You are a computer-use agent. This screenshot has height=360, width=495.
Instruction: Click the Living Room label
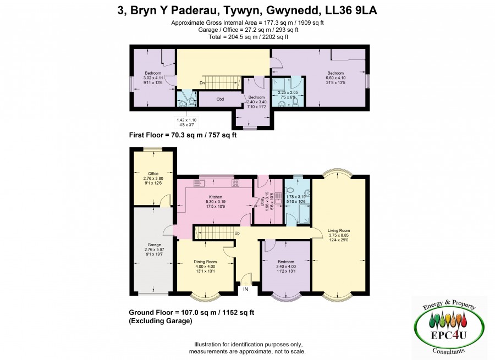click(x=339, y=230)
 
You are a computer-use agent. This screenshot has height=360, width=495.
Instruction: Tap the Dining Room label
click(x=205, y=262)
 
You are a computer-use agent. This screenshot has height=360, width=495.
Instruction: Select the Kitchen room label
click(x=216, y=197)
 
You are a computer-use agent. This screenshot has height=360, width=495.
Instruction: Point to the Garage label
click(x=155, y=245)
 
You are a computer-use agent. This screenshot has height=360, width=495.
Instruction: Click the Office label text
click(x=153, y=174)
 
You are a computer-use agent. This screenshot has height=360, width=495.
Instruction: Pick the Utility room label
click(x=262, y=201)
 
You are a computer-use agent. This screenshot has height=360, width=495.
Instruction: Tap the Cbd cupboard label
click(x=220, y=99)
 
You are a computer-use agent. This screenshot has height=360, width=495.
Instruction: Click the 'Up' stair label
click(x=237, y=233)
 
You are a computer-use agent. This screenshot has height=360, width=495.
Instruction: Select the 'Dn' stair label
click(x=202, y=83)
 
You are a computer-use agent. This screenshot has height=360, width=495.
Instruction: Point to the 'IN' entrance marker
click(x=245, y=289)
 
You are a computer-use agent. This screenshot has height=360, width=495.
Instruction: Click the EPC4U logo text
click(x=448, y=335)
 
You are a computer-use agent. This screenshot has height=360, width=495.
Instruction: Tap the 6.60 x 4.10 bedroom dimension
click(x=335, y=77)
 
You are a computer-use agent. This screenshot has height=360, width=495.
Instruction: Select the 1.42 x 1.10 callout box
click(x=186, y=123)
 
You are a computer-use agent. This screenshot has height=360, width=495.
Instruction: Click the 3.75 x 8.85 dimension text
click(x=339, y=235)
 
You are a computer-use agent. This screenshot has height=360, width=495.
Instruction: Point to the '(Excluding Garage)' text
click(x=161, y=321)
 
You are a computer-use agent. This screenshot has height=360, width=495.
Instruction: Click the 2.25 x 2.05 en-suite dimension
click(x=288, y=92)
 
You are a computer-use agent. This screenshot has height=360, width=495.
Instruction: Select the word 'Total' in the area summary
click(x=215, y=37)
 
